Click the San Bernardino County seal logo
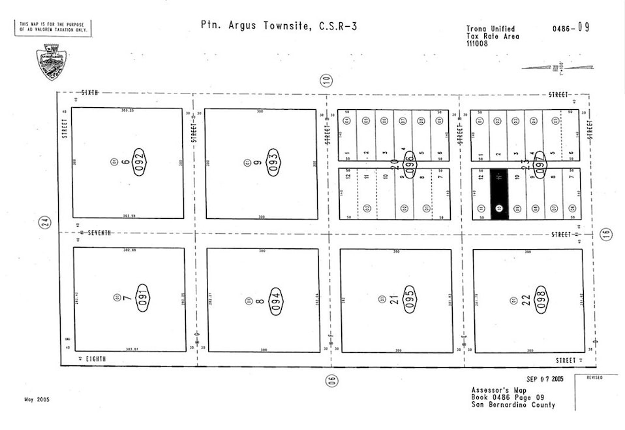[x=51, y=61]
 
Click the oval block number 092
[x=139, y=161]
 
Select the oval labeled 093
[x=273, y=161]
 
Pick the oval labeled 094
[x=277, y=301]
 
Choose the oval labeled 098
[x=542, y=299]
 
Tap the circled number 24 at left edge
[x=44, y=223]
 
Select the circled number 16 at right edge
[x=607, y=235]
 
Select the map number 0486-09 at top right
[x=570, y=27]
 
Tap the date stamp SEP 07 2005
[x=545, y=379]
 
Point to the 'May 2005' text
[x=37, y=399]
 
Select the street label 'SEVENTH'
[x=100, y=233]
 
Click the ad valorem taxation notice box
[x=53, y=27]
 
